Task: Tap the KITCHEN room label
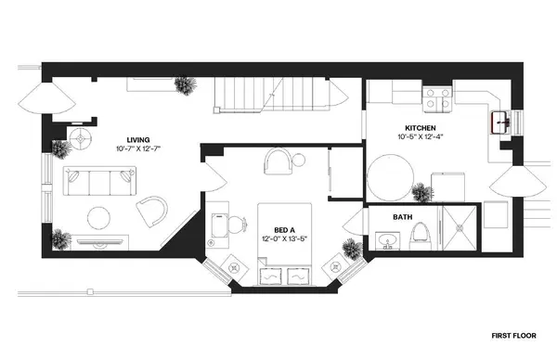tap(420, 127)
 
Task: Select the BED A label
tap(285, 228)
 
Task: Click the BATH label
tap(402, 218)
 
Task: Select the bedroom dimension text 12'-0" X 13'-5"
tap(285, 238)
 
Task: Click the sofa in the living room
tap(99, 180)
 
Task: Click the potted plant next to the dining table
tap(422, 194)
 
